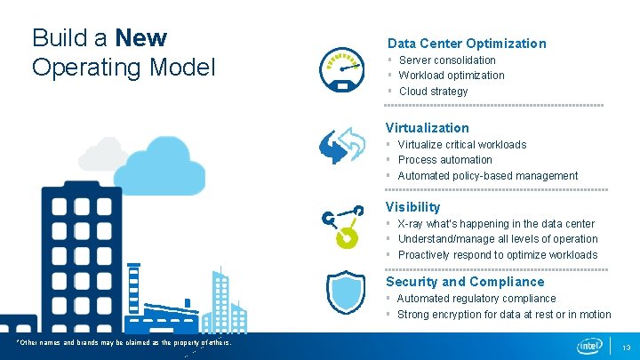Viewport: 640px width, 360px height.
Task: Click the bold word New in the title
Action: click(141, 38)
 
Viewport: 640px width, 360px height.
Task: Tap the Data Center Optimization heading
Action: click(466, 43)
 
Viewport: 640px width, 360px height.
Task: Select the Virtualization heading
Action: click(427, 128)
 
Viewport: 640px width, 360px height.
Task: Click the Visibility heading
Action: click(412, 207)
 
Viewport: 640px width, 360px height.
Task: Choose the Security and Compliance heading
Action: click(465, 282)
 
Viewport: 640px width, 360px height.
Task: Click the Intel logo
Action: click(589, 345)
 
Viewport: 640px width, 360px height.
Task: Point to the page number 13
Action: click(626, 346)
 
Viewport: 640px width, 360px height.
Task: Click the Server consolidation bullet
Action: click(447, 60)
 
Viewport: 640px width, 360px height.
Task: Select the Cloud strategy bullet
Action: click(433, 92)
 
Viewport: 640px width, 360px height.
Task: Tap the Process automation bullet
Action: click(444, 160)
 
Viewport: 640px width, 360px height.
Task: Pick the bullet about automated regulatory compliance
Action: click(476, 299)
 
